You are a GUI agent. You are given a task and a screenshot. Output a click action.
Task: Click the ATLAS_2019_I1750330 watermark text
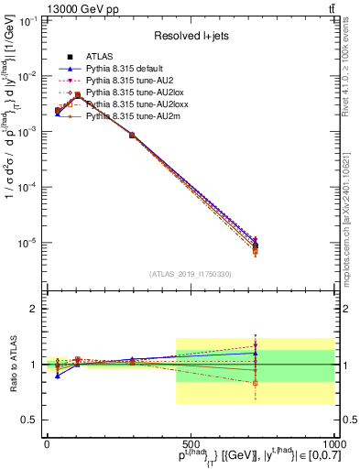(x=191, y=273)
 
